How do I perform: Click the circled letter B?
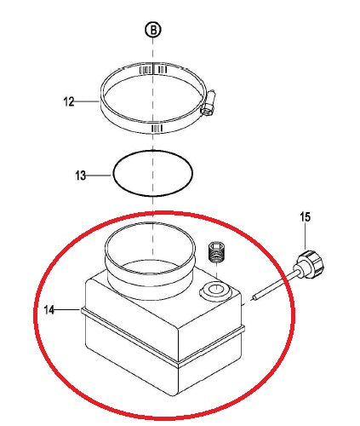coord(152,30)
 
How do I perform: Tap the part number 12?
coord(69,101)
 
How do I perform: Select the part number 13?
coord(80,176)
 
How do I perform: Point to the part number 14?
coord(51,311)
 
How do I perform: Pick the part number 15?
coord(304,218)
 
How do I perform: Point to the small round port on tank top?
coord(214,292)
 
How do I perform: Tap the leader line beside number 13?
coord(99,176)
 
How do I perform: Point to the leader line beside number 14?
coord(69,311)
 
